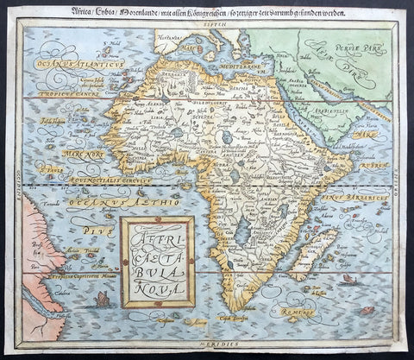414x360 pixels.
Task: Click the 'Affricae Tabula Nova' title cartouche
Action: click(x=156, y=260)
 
